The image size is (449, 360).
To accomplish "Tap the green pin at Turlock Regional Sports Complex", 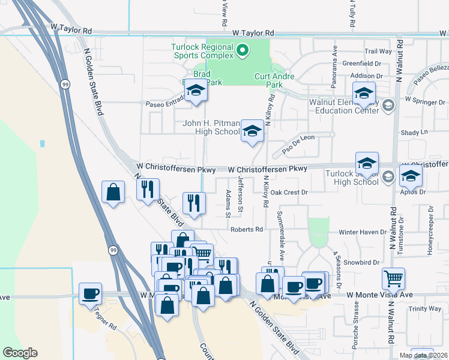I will (243, 50).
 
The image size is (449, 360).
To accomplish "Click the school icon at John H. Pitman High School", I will (253, 131).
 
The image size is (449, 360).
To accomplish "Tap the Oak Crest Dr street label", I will (289, 193).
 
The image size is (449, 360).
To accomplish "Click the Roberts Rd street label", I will (247, 229).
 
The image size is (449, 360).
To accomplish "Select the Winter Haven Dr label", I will (363, 232).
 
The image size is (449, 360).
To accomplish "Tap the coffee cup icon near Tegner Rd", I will (90, 293).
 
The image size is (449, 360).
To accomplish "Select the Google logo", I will (20, 353).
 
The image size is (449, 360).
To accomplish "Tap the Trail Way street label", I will (378, 52).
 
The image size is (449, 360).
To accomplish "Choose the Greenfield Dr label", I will (362, 63).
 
